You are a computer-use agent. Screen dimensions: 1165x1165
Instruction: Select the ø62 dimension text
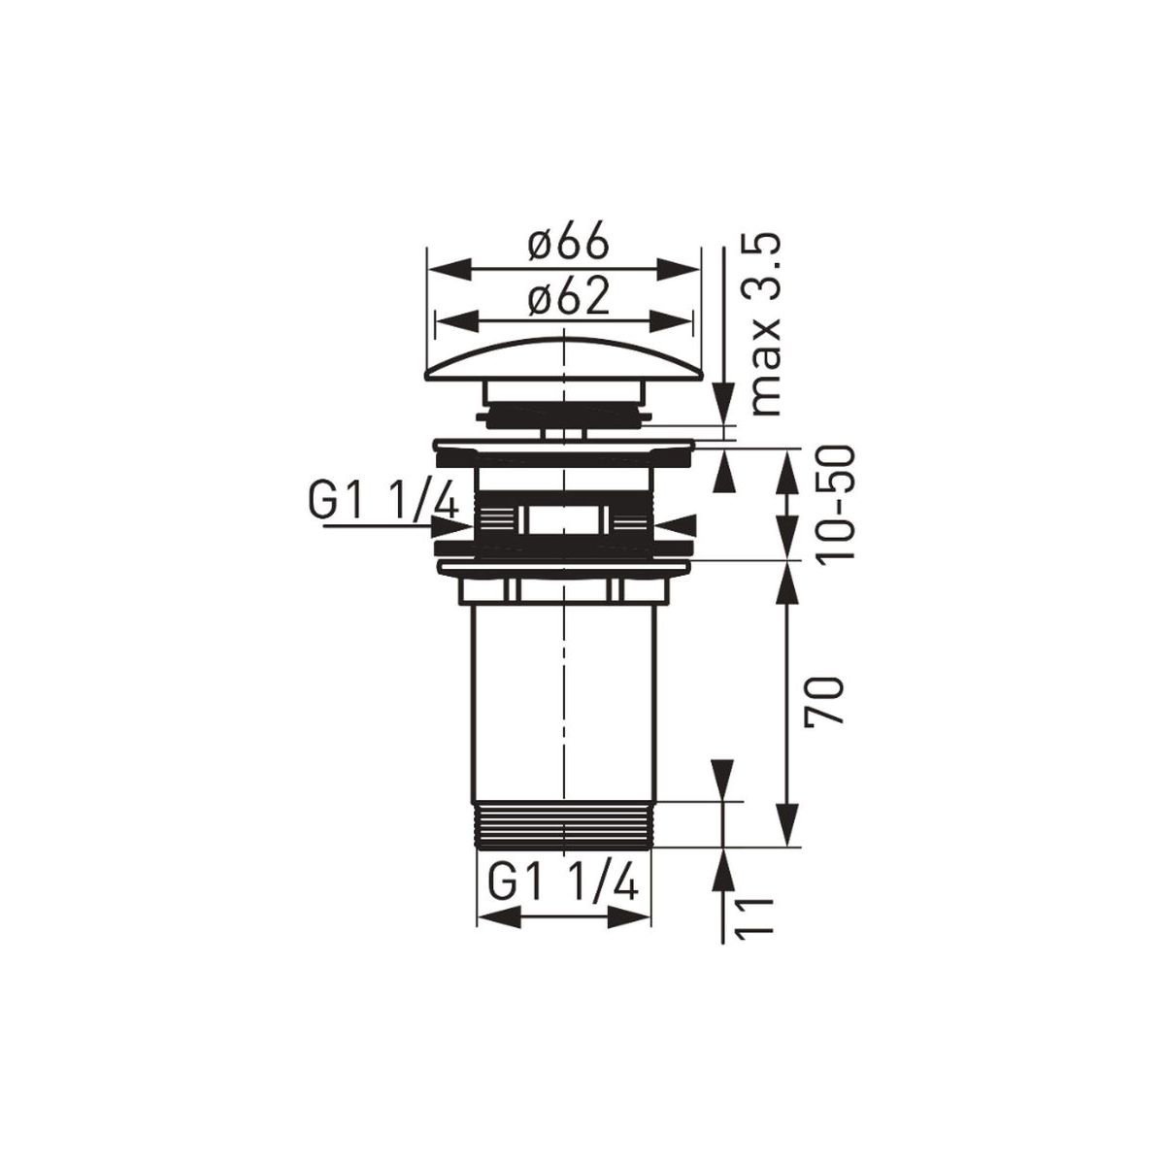pyautogui.click(x=566, y=297)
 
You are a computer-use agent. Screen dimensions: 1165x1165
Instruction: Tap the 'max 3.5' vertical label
pyautogui.click(x=765, y=325)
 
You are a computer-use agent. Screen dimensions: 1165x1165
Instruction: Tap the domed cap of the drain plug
pyautogui.click(x=563, y=361)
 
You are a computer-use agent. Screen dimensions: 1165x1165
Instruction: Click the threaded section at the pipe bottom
pyautogui.click(x=565, y=825)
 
